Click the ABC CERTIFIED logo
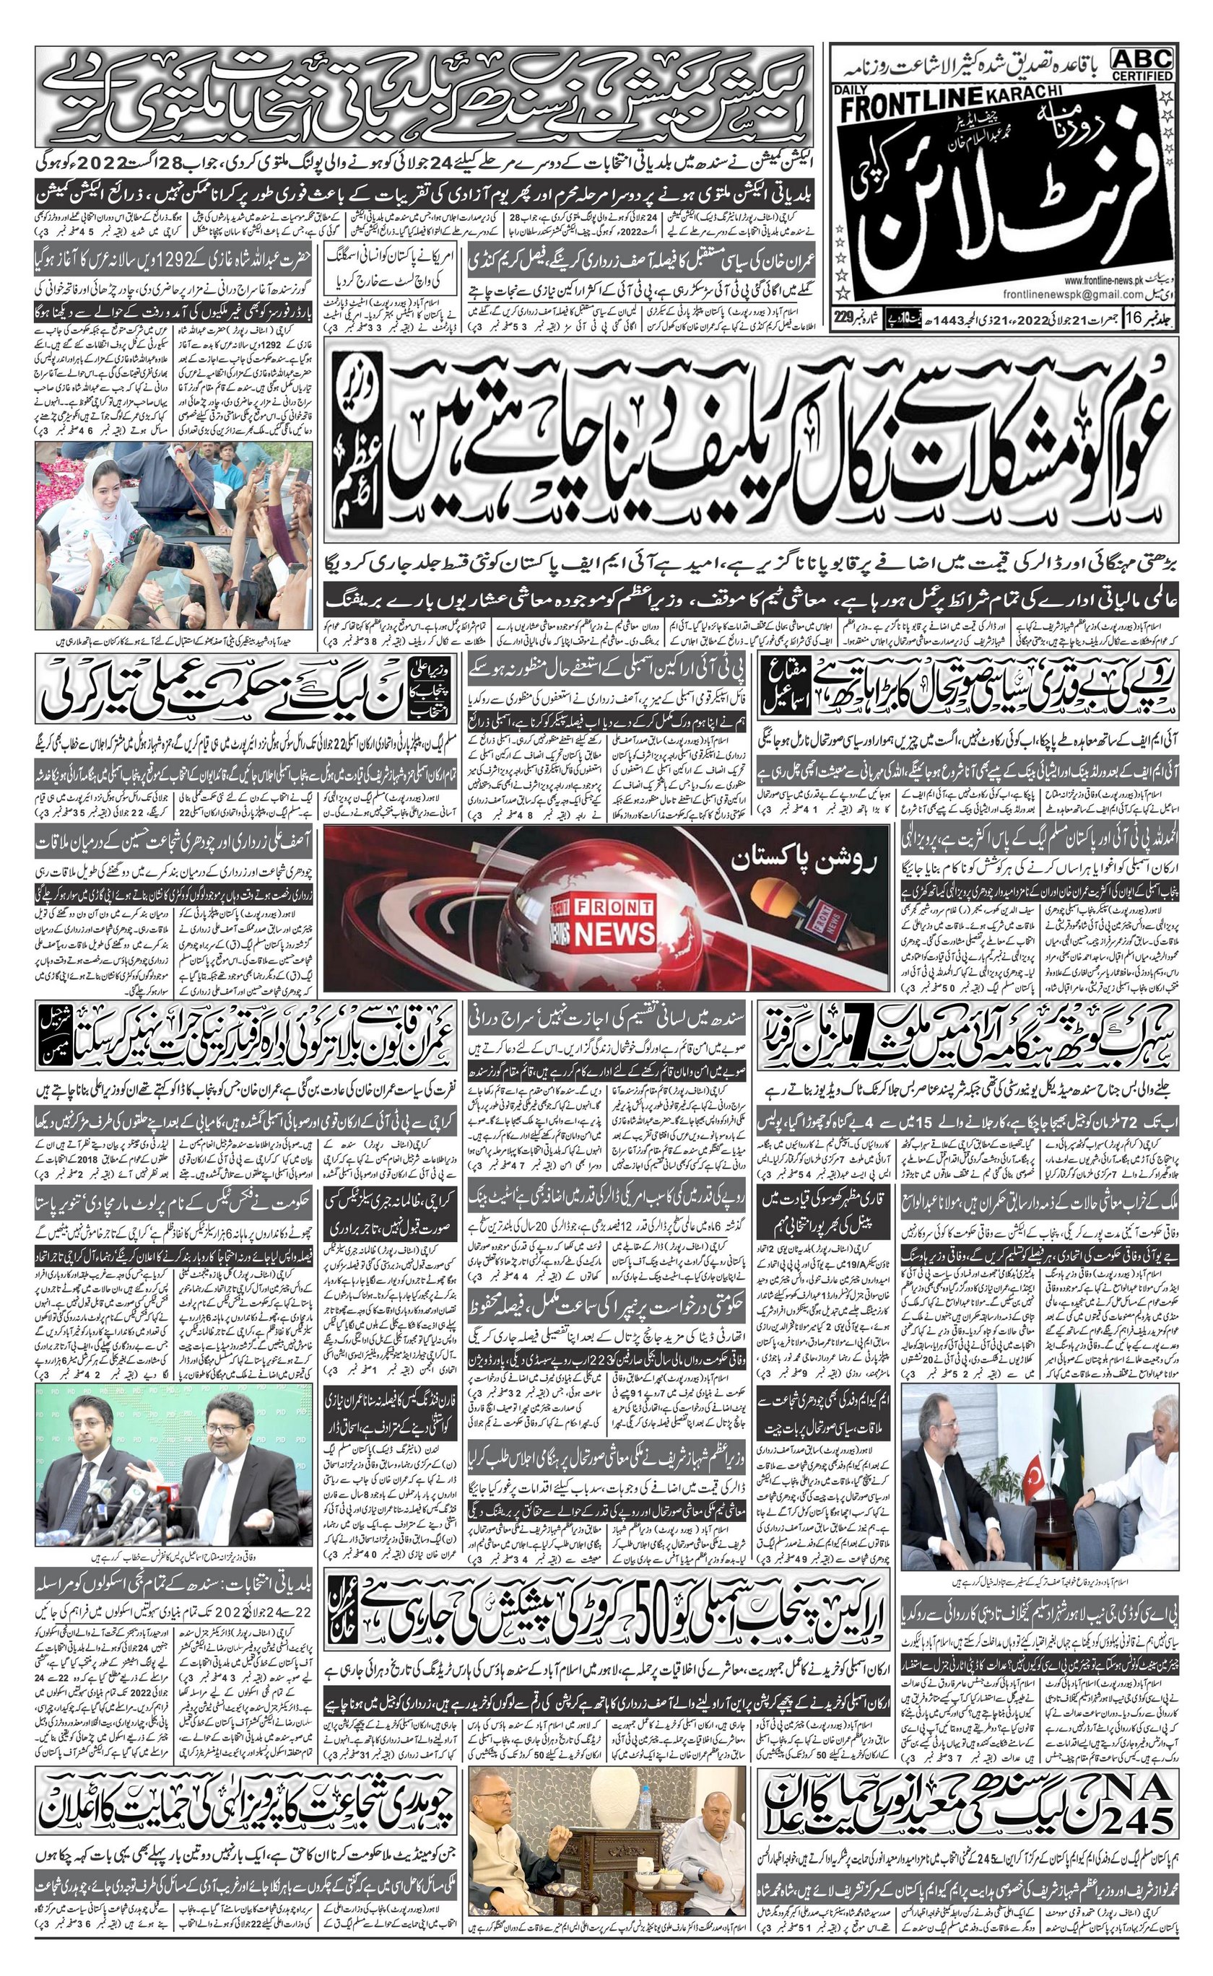point(1142,64)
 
